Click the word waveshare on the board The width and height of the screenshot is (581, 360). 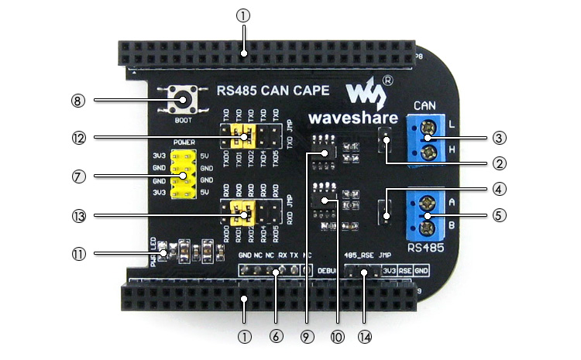point(352,118)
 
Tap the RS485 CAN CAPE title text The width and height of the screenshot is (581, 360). point(273,91)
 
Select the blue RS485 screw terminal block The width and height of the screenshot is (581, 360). point(426,216)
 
